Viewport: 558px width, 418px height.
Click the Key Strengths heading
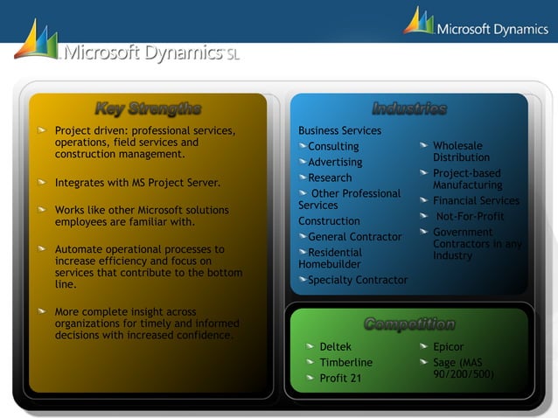pos(148,109)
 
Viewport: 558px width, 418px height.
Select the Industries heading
pos(409,109)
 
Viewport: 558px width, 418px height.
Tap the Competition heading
pos(409,324)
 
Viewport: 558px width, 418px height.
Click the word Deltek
pos(335,347)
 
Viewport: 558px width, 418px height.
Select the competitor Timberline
pos(345,362)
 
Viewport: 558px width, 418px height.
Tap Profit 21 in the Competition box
pos(340,378)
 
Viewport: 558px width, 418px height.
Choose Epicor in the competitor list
pos(449,347)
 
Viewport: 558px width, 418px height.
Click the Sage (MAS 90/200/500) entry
pos(463,368)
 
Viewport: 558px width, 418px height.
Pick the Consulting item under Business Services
pos(333,146)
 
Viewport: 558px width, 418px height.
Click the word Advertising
pos(335,162)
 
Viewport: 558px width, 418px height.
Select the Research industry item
pos(330,178)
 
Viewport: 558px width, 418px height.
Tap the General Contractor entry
pos(355,236)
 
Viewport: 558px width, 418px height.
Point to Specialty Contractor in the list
pos(358,280)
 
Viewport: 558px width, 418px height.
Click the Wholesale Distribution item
pos(461,151)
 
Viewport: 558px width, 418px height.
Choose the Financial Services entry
pos(476,201)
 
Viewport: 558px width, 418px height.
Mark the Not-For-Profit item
pos(470,217)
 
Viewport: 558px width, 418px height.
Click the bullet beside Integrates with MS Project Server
pos(42,183)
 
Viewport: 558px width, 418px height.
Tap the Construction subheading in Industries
pos(329,221)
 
